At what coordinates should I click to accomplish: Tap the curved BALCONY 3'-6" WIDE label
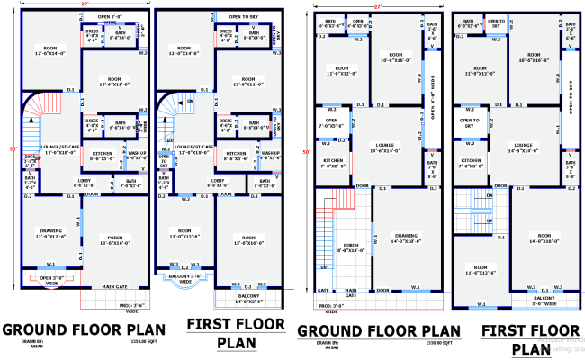[x=184, y=279]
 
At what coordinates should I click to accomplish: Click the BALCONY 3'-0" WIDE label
[x=544, y=301]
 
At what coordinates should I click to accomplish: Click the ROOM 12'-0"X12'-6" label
[x=184, y=234]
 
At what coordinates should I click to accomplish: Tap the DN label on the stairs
[x=490, y=193]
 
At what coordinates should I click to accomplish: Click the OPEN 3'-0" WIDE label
[x=50, y=279]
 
